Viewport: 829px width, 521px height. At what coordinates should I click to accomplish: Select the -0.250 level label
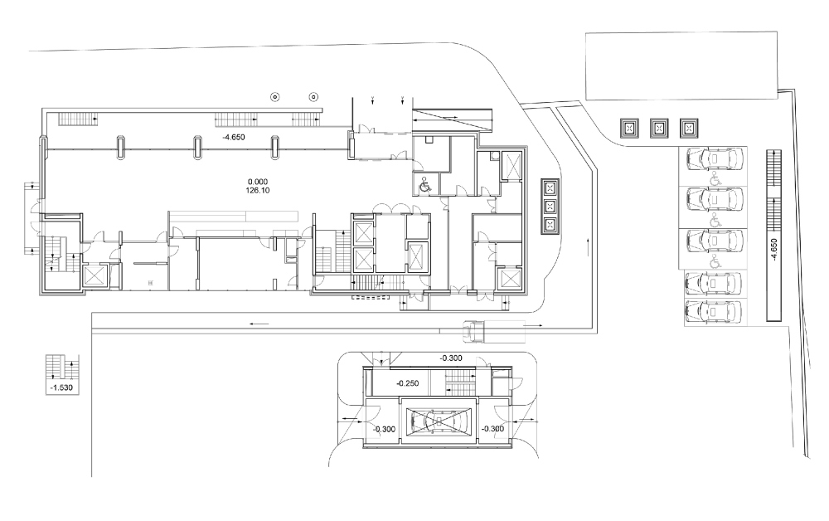tap(409, 384)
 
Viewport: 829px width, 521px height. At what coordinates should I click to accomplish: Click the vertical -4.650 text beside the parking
tap(773, 251)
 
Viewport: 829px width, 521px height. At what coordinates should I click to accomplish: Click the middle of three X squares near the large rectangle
tap(659, 128)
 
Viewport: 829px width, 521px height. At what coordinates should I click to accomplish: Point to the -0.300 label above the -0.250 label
tap(451, 358)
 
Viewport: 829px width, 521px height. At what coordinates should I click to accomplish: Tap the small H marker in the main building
tap(150, 283)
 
